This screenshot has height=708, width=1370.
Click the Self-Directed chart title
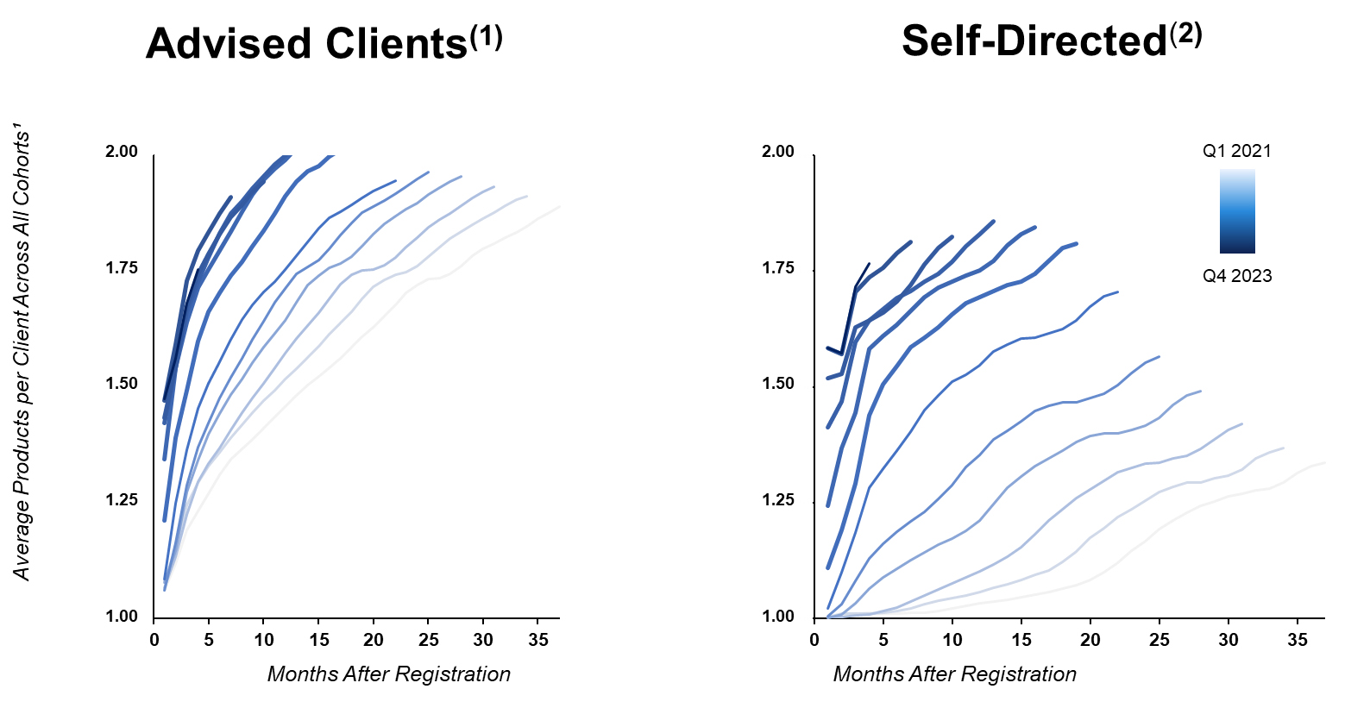(x=1034, y=41)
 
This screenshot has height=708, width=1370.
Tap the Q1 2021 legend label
(x=1236, y=151)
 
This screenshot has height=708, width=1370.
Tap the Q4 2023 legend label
(x=1236, y=276)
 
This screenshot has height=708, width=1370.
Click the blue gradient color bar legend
(x=1237, y=211)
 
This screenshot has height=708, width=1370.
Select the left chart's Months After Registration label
(x=388, y=674)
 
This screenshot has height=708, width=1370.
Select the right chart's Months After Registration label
(x=954, y=674)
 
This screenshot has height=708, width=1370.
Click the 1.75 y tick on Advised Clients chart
(x=121, y=268)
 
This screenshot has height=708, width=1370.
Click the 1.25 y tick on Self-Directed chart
(x=777, y=501)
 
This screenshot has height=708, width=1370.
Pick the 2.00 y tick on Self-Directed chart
(x=777, y=152)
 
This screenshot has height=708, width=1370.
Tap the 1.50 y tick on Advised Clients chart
(x=121, y=384)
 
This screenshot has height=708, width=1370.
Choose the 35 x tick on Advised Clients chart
(x=537, y=640)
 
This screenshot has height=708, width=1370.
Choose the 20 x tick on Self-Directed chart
(x=1090, y=640)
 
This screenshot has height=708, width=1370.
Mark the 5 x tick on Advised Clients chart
(x=209, y=640)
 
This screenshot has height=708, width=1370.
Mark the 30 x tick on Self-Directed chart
(x=1229, y=640)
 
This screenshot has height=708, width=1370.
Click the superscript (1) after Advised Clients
(x=486, y=37)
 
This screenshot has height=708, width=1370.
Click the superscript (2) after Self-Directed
(x=1185, y=34)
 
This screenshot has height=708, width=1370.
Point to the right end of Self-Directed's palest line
(x=1324, y=463)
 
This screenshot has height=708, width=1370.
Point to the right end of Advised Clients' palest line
(x=560, y=207)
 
